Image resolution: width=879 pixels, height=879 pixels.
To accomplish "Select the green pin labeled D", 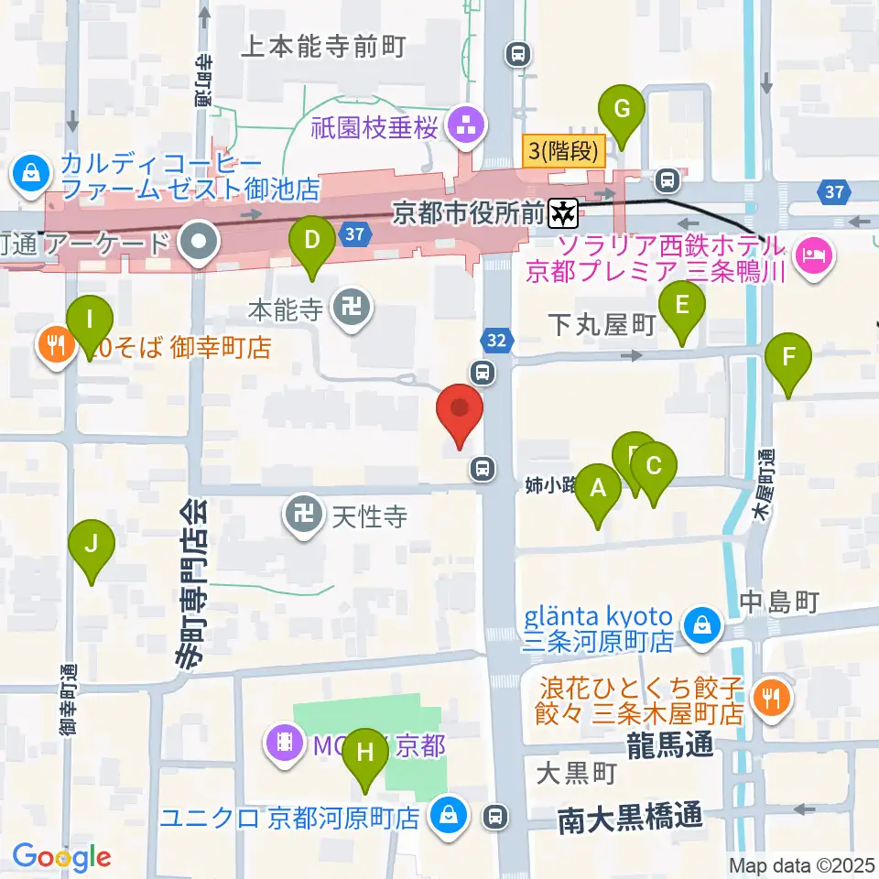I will tap(312, 243).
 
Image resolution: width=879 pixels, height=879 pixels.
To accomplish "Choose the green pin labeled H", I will tap(365, 755).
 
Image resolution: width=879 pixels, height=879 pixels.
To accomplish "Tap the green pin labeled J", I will tap(92, 546).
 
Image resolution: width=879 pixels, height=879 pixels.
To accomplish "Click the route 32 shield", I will tap(495, 341).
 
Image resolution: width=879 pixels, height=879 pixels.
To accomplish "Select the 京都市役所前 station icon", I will tap(561, 214).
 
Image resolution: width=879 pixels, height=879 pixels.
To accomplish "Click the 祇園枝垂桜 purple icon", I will tap(465, 127).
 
